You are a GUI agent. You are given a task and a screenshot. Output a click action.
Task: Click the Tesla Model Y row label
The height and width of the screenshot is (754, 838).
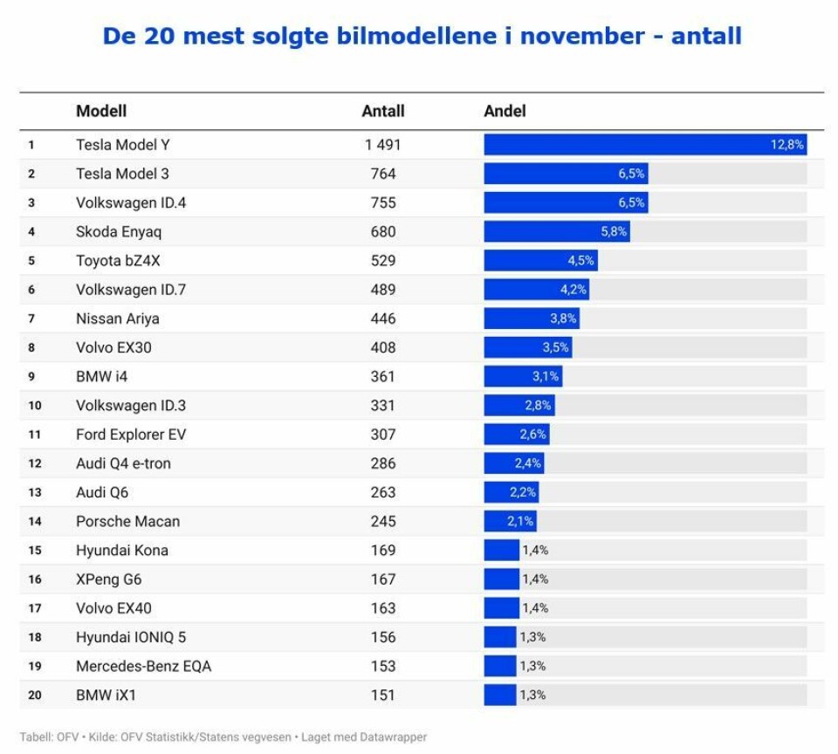tap(122, 145)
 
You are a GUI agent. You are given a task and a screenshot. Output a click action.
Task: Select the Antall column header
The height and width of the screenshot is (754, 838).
tap(382, 111)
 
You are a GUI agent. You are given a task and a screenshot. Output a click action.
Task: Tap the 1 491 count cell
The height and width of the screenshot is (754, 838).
tap(382, 145)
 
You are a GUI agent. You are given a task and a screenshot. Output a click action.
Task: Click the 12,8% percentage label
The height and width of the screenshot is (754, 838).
tap(786, 145)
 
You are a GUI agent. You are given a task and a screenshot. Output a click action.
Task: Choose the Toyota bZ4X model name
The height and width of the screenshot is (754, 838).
tap(118, 260)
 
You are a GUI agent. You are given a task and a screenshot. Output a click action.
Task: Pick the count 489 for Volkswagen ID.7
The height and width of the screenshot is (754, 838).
tap(382, 289)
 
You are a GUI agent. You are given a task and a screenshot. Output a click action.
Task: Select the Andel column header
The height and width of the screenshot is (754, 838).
tap(505, 111)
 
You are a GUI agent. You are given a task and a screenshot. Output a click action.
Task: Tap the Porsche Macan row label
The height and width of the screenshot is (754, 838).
tap(127, 521)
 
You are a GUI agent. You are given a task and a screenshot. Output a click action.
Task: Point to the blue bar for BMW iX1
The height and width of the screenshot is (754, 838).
tap(499, 695)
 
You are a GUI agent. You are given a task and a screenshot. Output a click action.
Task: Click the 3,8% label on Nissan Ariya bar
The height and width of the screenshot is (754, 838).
tap(563, 319)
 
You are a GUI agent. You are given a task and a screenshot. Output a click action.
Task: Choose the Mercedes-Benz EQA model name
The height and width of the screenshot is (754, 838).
tap(143, 666)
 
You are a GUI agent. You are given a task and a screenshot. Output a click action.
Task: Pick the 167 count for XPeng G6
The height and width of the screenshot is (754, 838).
tap(382, 579)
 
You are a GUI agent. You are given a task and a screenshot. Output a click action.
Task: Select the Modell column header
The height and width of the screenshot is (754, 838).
tap(101, 111)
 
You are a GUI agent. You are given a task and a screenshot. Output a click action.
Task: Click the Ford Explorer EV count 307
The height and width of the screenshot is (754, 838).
tap(382, 434)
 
